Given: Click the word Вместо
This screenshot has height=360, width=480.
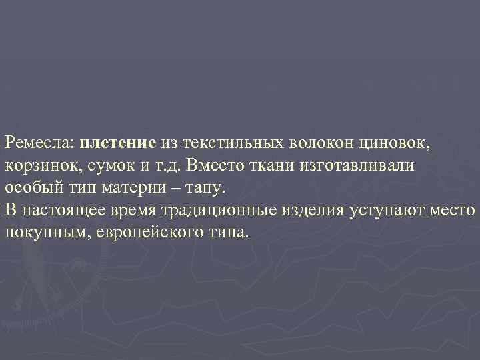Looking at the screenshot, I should pos(213,165).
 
